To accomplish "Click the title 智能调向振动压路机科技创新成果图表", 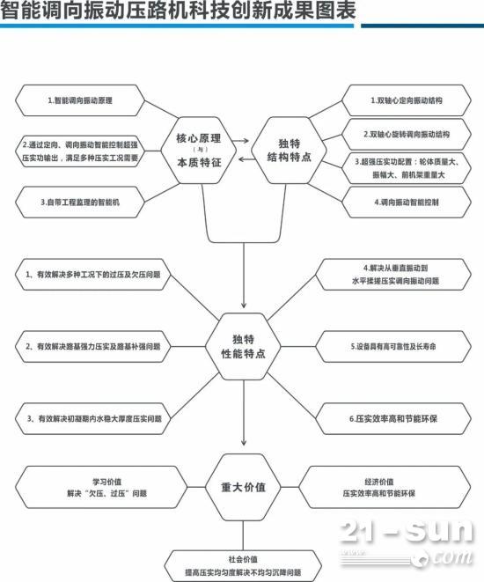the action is click(x=178, y=11).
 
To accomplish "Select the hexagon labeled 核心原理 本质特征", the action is click(x=199, y=151).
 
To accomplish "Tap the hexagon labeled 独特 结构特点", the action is click(x=289, y=151).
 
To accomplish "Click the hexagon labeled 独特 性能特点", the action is click(x=243, y=346).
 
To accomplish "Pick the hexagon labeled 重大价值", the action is click(x=243, y=487).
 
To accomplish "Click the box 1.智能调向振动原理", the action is click(x=80, y=100).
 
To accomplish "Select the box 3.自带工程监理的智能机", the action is click(x=80, y=203).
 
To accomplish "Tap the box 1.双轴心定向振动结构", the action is click(x=407, y=100).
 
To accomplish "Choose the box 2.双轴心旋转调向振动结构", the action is click(x=407, y=135).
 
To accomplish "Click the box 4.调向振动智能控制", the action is click(x=407, y=203).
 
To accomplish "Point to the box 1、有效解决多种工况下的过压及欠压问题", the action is click(x=92, y=275).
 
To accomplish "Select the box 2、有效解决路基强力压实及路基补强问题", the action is click(x=92, y=346).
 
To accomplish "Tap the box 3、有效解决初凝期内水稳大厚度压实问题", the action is click(x=93, y=419).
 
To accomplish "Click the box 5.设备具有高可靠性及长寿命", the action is click(x=393, y=346).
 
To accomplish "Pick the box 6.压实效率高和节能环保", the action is click(x=393, y=419).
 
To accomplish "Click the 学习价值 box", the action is click(x=101, y=488).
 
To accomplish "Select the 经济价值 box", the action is click(x=385, y=488).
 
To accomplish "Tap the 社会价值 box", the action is click(x=243, y=565).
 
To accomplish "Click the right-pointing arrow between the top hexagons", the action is click(x=241, y=141).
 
